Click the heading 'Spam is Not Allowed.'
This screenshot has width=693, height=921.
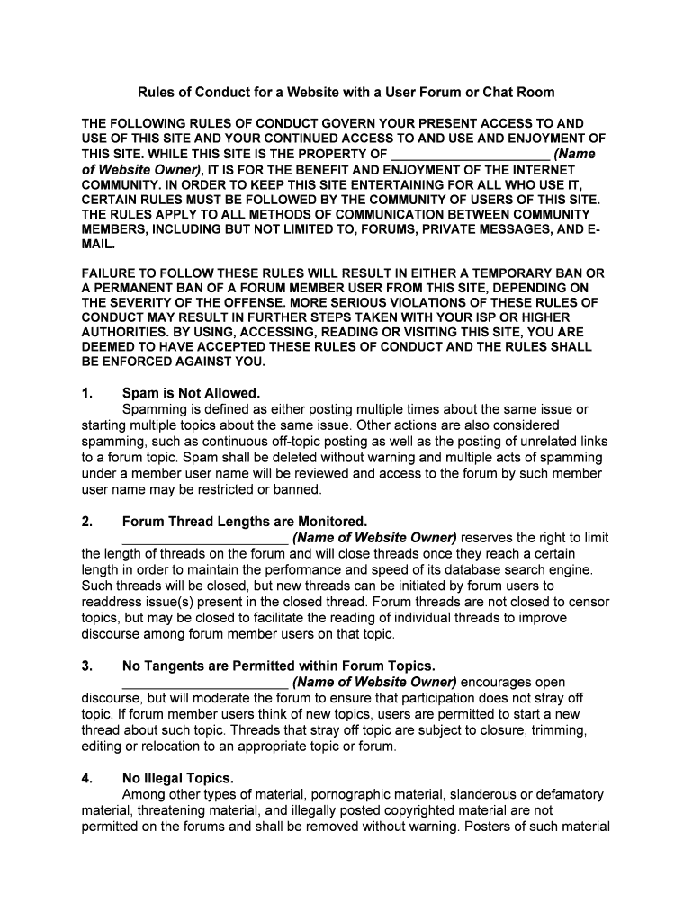click(x=191, y=393)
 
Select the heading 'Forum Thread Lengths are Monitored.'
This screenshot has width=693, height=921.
click(x=245, y=522)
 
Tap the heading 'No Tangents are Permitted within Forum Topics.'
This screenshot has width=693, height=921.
click(x=279, y=666)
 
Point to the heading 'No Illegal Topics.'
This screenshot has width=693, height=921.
click(x=177, y=779)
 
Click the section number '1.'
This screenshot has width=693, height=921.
click(x=87, y=393)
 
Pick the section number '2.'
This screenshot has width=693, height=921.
click(x=87, y=522)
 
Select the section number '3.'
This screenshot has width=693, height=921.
click(x=87, y=666)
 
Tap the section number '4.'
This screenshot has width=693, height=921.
click(x=87, y=779)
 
